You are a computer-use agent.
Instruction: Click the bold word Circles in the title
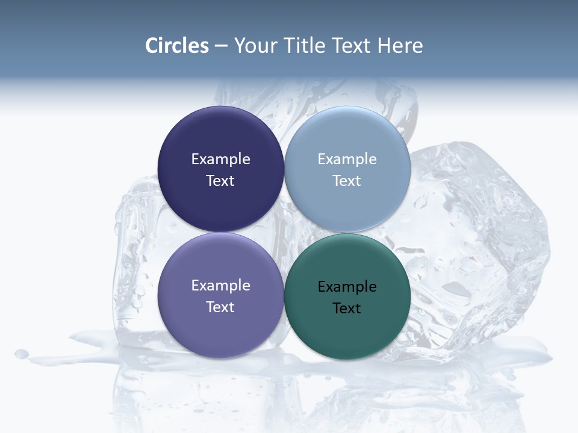(177, 46)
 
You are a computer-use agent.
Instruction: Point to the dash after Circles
(221, 46)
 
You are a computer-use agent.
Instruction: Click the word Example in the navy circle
(220, 159)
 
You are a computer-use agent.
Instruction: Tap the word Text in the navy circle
(220, 180)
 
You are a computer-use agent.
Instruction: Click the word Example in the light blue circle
(347, 159)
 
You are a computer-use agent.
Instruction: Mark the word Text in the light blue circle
(347, 180)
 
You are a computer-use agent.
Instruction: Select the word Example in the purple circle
(220, 285)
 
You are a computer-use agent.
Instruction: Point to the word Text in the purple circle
(220, 307)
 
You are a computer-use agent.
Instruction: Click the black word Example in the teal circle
(347, 286)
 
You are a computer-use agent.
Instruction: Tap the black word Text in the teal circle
(347, 308)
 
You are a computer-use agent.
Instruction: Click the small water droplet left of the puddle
(22, 354)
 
